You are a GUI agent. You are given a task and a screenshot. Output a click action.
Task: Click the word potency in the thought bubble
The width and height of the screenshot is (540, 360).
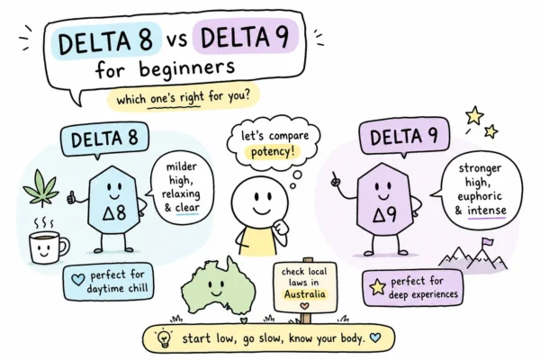click(272, 151)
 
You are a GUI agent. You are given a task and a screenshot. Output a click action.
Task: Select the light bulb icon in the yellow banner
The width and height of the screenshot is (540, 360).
click(164, 338)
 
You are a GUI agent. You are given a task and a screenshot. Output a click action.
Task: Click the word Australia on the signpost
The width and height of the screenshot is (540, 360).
click(304, 294)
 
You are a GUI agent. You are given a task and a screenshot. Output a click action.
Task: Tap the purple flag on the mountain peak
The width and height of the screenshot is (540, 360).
click(487, 242)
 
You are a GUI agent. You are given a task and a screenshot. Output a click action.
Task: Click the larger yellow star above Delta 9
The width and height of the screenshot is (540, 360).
click(474, 115)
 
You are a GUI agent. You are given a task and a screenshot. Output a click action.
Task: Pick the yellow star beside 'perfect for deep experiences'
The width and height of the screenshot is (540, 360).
click(377, 287)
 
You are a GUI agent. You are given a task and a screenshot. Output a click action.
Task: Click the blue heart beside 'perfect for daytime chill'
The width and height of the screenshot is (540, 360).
click(77, 279)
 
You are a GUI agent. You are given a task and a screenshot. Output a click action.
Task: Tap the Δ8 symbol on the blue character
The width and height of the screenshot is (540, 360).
click(114, 212)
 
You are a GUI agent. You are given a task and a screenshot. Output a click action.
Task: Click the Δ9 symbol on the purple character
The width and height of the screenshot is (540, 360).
click(384, 215)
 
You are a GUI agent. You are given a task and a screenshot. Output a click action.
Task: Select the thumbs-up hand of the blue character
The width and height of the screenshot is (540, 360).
click(71, 198)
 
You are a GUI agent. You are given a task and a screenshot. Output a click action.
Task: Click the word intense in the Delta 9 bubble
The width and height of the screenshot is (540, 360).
click(487, 210)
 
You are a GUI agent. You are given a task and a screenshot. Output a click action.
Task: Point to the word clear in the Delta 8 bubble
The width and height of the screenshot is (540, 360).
click(187, 207)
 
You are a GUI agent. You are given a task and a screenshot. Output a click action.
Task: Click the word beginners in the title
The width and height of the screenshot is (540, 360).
click(187, 68)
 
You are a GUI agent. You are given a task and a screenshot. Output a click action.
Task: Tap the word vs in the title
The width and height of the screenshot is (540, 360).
click(177, 40)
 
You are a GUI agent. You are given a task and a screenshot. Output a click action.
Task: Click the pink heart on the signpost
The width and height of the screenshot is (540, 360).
click(304, 306)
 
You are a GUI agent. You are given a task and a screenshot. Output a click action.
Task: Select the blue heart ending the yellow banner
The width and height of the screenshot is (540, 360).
click(375, 337)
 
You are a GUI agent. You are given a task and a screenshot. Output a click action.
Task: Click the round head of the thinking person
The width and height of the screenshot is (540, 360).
click(259, 201)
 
